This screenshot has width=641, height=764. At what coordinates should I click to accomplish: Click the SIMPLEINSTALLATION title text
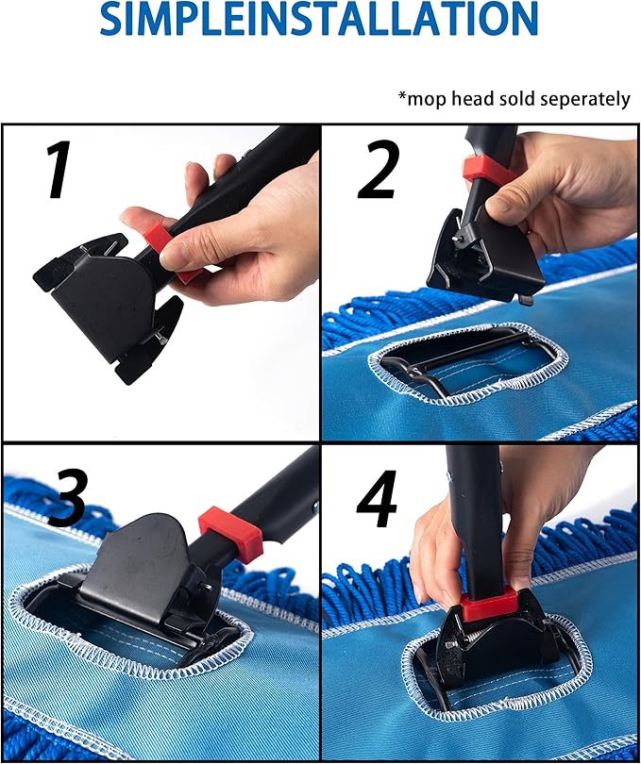[x=319, y=19]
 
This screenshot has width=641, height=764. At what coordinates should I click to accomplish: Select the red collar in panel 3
[x=229, y=534]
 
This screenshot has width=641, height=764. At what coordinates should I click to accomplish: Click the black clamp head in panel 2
[x=486, y=250]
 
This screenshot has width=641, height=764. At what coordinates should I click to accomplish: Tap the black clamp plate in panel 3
[x=142, y=566]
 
